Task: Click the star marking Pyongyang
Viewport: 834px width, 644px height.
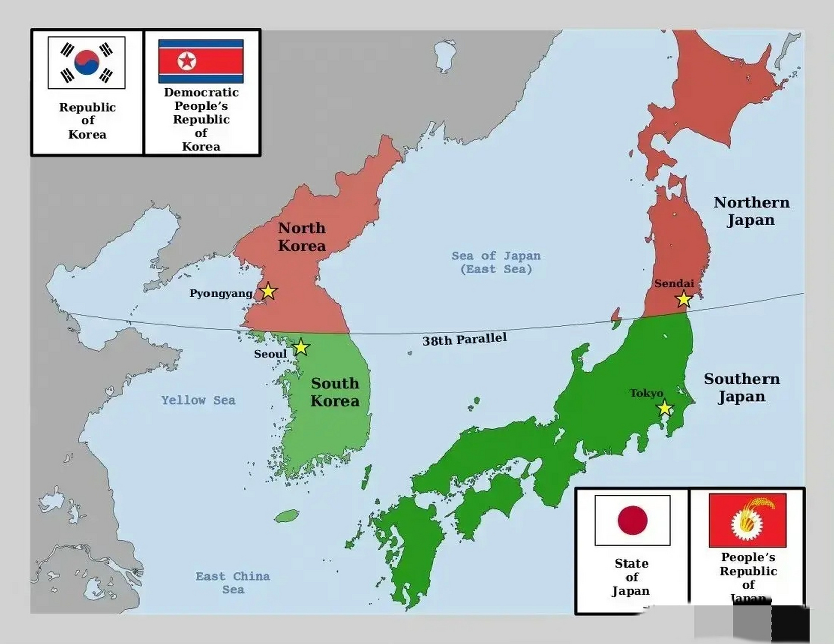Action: tap(268, 291)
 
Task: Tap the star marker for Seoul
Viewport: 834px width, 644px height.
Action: tap(301, 347)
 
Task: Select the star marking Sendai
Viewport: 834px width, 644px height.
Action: tap(684, 299)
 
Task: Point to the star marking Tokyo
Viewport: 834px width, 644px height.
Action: tap(665, 408)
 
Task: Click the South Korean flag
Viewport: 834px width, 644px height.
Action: tap(87, 62)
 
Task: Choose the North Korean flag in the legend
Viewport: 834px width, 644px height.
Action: tap(201, 61)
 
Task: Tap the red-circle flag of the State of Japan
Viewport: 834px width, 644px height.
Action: tap(633, 520)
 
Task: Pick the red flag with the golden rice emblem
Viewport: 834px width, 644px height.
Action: tap(747, 520)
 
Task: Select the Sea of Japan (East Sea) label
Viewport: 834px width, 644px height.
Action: tap(496, 262)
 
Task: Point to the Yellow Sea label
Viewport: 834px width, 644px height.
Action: tap(198, 400)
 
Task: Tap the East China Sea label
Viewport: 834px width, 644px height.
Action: tap(233, 583)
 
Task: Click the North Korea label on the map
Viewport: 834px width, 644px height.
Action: tap(302, 237)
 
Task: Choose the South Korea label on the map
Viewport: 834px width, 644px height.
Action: tap(335, 392)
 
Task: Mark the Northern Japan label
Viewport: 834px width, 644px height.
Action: tap(751, 211)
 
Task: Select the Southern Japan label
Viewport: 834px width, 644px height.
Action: tap(742, 388)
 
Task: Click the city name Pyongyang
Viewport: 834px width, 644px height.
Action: tap(221, 293)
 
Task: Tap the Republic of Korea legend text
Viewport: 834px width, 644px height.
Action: tap(88, 121)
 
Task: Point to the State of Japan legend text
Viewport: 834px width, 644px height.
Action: tap(631, 577)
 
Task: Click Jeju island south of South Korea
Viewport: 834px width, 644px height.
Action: tap(288, 516)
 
